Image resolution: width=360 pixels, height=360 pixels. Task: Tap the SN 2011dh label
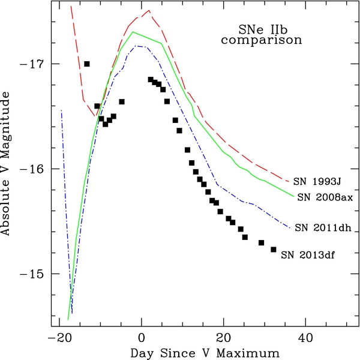pos(324,227)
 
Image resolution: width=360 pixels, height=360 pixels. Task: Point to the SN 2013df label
pos(308,254)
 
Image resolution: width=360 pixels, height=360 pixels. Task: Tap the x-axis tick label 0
pos(142,337)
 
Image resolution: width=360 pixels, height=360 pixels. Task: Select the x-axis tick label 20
pos(224,337)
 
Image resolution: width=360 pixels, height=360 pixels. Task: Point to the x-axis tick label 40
pos(306,337)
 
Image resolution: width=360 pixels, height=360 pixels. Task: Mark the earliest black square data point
pos(87,64)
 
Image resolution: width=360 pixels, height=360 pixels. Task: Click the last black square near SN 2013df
pos(274,250)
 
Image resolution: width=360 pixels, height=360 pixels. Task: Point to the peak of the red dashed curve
pos(149,10)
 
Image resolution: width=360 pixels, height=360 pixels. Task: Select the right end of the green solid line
pos(293,196)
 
